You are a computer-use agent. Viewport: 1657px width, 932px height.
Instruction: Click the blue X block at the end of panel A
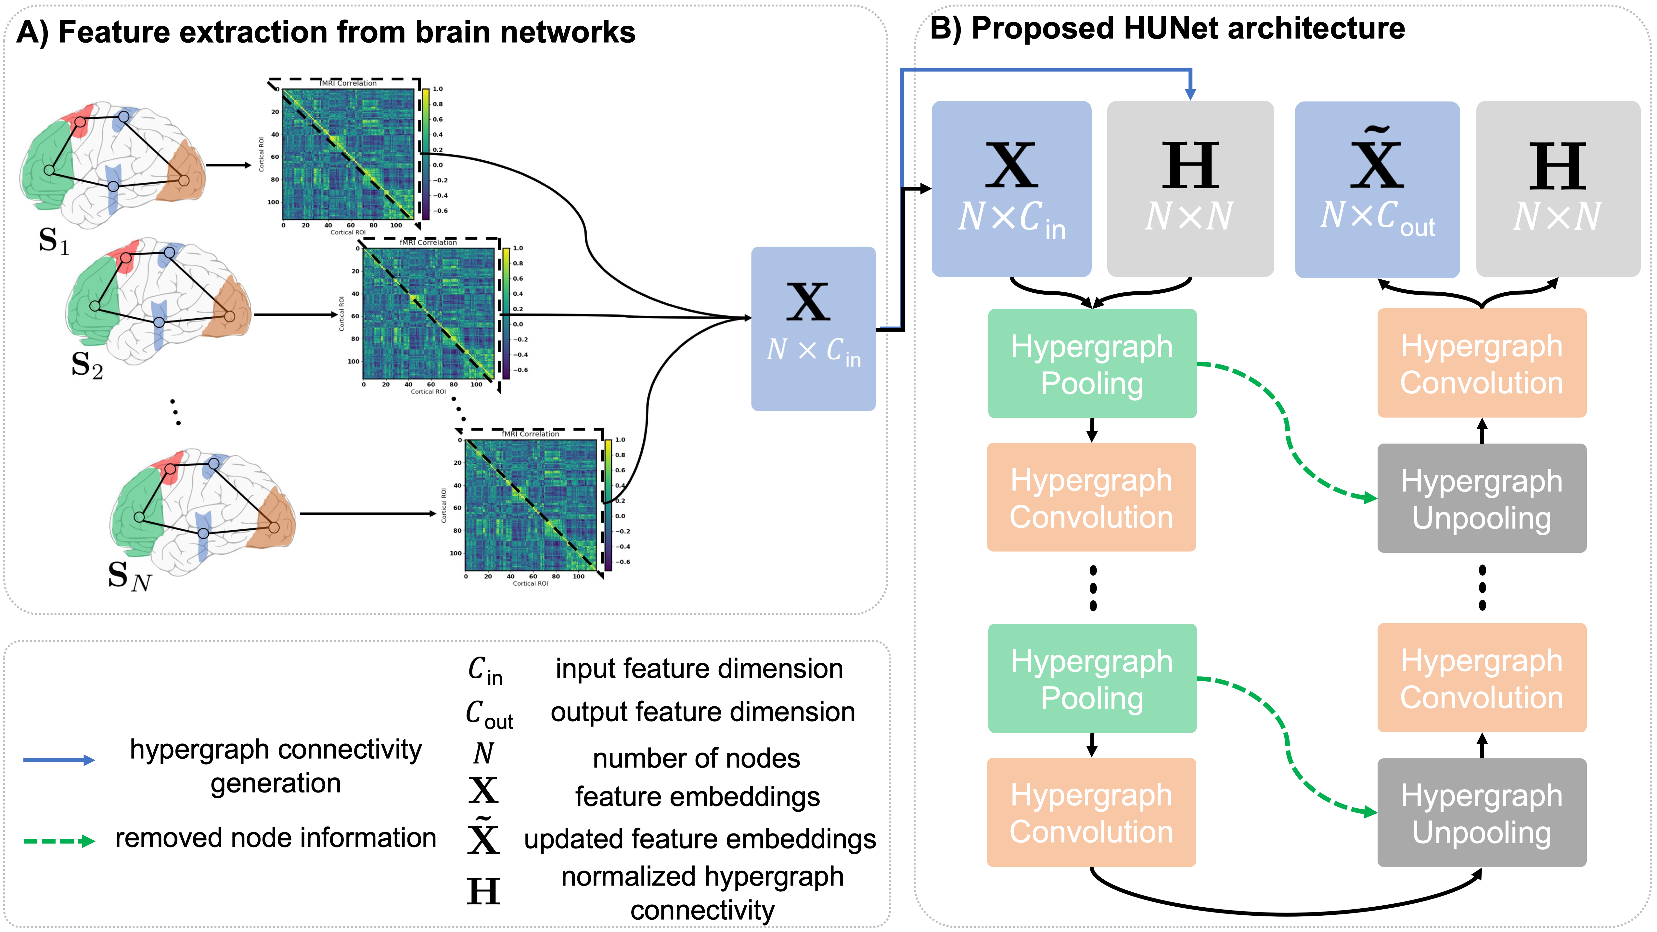coord(813,328)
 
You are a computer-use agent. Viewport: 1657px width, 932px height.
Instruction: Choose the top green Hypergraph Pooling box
coord(1092,364)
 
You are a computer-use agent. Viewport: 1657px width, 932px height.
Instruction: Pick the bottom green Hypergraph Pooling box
coord(1092,678)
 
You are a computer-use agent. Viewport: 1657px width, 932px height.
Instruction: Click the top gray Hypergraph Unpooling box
coord(1482,498)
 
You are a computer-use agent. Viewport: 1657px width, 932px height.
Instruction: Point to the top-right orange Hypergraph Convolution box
coord(1482,364)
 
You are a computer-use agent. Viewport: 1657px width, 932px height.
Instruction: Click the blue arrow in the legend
coord(59,760)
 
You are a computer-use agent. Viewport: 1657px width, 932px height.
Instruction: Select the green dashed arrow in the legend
coord(59,841)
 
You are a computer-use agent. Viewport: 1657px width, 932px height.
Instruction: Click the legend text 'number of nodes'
coord(696,758)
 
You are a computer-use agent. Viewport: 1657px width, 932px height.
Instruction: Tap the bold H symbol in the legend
coord(483,891)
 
